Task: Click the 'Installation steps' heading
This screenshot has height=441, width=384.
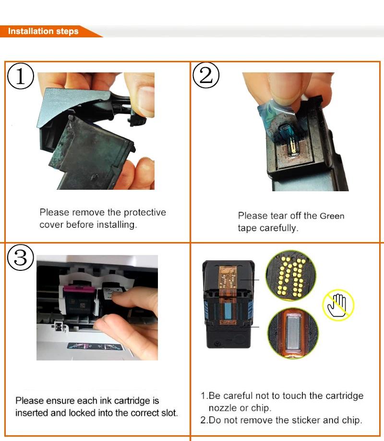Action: (43, 31)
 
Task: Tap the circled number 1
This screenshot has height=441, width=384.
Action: (21, 76)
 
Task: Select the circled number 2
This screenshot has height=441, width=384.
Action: (206, 75)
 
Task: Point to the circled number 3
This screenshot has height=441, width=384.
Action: (21, 257)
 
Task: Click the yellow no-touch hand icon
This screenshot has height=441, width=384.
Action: (338, 305)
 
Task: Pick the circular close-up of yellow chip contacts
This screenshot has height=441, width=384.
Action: (291, 275)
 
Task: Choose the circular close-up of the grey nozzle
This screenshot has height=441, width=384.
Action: (293, 333)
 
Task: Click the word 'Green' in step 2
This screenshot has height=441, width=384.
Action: (332, 216)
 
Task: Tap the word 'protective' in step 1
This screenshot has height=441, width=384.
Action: (145, 213)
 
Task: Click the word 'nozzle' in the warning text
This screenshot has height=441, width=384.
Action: (223, 408)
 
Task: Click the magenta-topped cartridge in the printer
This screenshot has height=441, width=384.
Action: (79, 301)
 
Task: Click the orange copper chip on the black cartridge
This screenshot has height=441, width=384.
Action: (227, 278)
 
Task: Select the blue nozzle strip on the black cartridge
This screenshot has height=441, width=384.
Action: (227, 311)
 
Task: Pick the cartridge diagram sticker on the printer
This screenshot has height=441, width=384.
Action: (95, 347)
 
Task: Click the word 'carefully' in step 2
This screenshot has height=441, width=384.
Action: (279, 228)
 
